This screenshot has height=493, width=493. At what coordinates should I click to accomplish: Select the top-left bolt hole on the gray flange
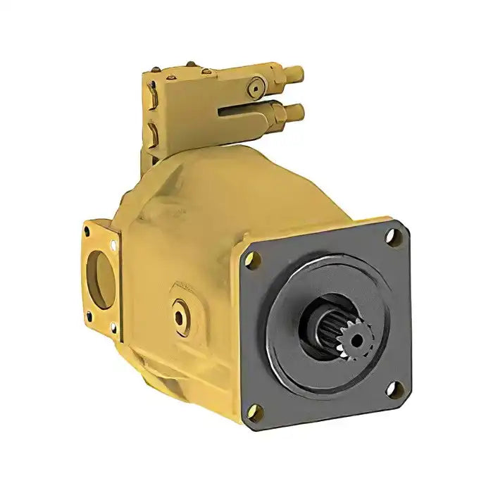pyautogui.click(x=249, y=258)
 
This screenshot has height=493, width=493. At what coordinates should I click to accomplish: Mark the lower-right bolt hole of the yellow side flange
pyautogui.click(x=113, y=326)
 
